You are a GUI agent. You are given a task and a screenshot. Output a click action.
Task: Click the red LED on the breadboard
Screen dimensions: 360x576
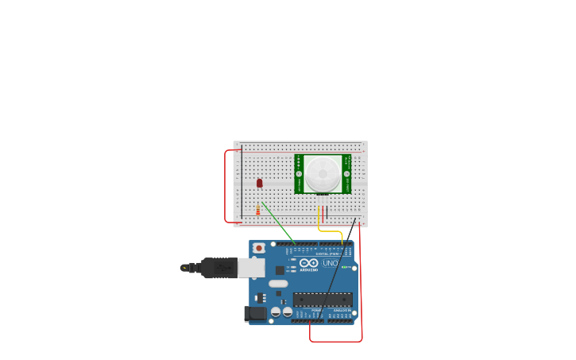(x=260, y=183)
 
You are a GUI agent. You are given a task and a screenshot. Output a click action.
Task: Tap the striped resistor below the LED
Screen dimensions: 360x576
(x=258, y=210)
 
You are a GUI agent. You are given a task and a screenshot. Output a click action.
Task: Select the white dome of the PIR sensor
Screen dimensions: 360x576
(x=323, y=173)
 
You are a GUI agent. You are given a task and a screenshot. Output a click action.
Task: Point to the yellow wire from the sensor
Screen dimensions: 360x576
(x=331, y=231)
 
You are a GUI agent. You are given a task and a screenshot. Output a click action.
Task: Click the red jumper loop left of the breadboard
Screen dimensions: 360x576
(x=226, y=186)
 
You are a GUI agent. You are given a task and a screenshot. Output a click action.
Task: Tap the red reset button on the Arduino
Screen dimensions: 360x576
(x=258, y=248)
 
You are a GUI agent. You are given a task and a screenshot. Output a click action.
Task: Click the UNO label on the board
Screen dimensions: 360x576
(x=330, y=263)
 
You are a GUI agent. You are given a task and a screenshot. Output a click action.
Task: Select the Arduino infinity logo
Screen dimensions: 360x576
(x=309, y=263)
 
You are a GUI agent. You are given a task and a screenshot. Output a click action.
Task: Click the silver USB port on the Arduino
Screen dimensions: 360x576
(x=251, y=268)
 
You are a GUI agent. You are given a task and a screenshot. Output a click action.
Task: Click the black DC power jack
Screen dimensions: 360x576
(x=256, y=313)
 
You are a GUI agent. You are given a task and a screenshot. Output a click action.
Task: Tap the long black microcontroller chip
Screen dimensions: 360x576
(x=323, y=300)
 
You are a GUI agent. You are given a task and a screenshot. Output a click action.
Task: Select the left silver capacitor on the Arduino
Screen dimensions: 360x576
(x=276, y=312)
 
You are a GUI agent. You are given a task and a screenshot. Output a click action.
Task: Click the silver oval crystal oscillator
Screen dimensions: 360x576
(x=278, y=284)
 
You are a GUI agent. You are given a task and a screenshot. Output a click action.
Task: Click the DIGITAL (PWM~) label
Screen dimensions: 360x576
(x=327, y=254)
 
